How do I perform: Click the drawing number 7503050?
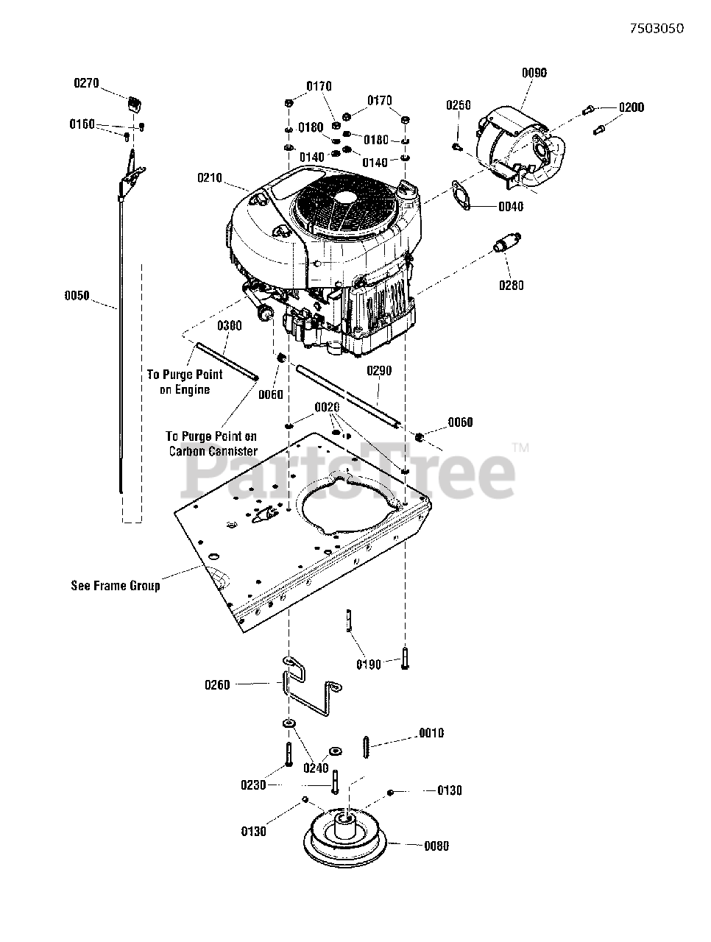657,29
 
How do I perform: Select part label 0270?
86,84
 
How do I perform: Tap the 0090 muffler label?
534,73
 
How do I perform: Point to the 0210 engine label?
210,177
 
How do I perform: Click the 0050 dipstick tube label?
77,296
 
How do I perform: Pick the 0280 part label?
511,285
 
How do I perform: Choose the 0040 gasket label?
511,207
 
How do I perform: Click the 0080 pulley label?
436,846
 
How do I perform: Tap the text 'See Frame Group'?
115,586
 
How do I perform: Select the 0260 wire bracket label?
217,685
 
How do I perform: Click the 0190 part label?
369,665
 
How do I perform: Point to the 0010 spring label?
431,733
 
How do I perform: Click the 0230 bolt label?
253,785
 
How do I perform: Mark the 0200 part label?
631,107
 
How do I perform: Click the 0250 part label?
458,105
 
